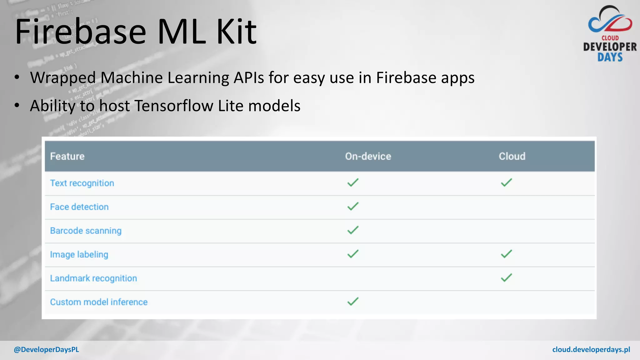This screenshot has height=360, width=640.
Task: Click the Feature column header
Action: (x=67, y=156)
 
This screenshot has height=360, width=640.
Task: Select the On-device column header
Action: (x=368, y=156)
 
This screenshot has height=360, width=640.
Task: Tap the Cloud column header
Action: (x=512, y=156)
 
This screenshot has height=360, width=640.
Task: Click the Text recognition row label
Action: (x=82, y=183)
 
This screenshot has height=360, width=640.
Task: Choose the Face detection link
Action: (x=79, y=207)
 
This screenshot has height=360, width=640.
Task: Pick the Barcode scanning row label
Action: (x=86, y=231)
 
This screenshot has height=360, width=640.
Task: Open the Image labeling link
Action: (x=79, y=254)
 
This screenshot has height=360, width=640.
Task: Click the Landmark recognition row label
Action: (x=93, y=278)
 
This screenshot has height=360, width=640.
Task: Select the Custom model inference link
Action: (x=99, y=302)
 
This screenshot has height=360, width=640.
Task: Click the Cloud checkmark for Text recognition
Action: (x=506, y=182)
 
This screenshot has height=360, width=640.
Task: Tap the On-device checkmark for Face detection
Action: (x=353, y=206)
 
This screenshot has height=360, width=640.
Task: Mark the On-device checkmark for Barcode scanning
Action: (x=353, y=230)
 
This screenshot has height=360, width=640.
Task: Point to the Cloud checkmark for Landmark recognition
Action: (x=506, y=277)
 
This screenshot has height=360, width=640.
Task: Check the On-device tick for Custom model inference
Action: (x=353, y=301)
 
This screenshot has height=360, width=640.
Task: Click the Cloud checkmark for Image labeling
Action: (x=506, y=254)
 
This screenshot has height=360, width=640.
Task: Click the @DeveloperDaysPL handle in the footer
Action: (x=46, y=350)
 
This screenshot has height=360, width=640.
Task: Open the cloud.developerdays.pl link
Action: (x=591, y=350)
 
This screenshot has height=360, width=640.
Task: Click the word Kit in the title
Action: (x=236, y=32)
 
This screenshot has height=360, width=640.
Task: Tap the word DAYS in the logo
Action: (x=610, y=57)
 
